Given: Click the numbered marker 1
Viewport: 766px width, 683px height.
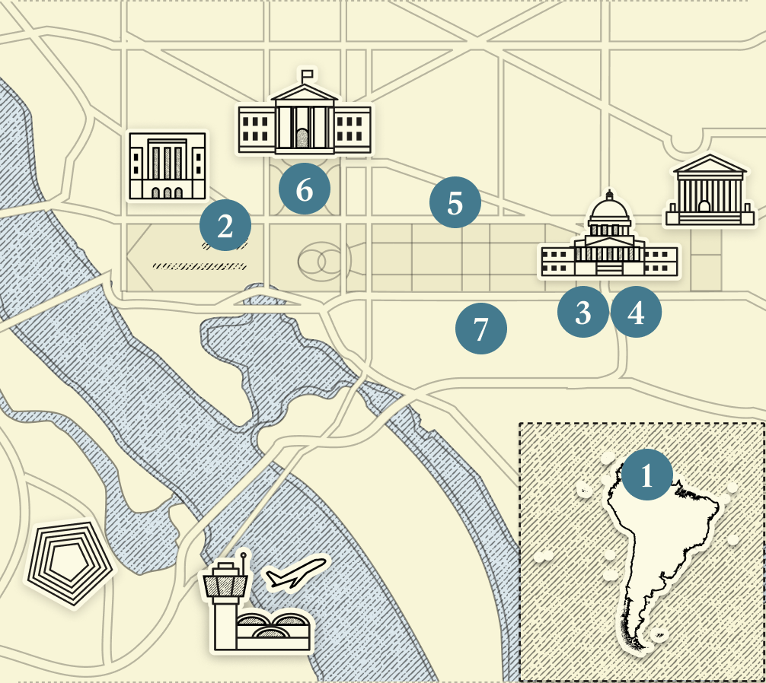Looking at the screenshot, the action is click(647, 475).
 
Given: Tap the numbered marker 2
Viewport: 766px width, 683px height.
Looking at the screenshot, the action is click(225, 226).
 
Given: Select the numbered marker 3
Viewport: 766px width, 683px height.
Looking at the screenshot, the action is click(583, 312).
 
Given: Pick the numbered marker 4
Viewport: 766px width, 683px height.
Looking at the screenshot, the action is click(636, 312).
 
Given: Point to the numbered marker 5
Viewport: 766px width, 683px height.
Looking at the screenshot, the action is click(455, 203).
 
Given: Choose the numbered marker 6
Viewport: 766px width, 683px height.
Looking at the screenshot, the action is click(305, 189).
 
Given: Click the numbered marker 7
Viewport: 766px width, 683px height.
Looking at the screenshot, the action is click(480, 329).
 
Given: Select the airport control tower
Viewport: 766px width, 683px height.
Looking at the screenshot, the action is click(225, 601).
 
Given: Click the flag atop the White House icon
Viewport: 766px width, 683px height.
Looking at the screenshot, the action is click(308, 75).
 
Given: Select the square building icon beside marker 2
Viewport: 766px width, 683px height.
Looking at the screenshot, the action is click(167, 166).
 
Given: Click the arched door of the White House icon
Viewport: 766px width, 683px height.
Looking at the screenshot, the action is click(303, 138).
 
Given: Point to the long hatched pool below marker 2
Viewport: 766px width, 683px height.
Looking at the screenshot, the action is click(199, 266).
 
